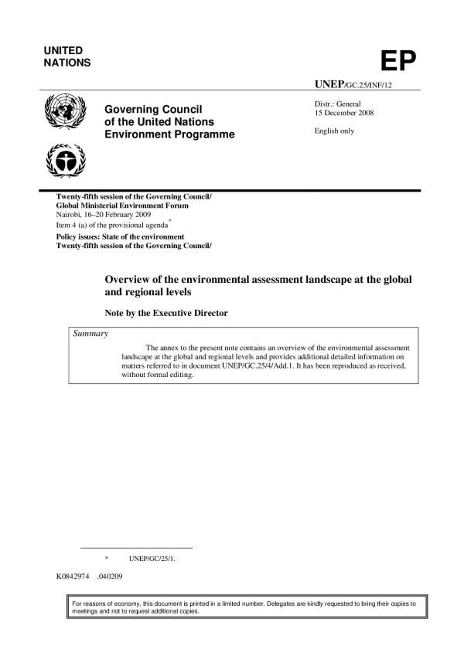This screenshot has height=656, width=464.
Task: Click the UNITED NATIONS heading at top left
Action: coord(69,56)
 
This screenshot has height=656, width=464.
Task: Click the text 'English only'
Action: coord(334,131)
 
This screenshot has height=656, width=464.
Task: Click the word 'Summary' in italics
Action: coord(90,333)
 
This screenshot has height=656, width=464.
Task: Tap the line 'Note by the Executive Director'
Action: coord(162,314)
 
